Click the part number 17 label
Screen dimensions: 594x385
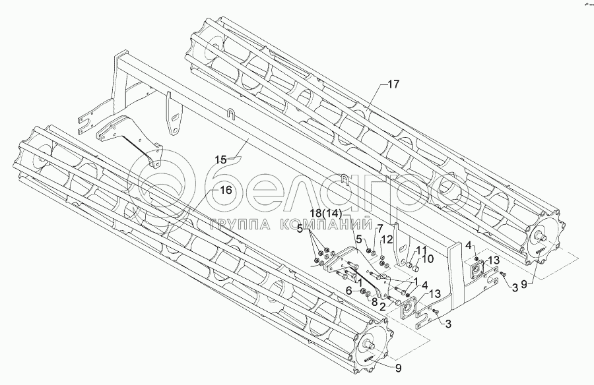[x=393, y=84]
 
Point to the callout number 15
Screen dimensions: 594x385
[x=220, y=159]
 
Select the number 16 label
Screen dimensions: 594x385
[x=226, y=190]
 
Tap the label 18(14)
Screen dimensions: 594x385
[x=325, y=213]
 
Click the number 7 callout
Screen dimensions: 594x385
[x=379, y=227]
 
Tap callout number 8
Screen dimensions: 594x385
[x=376, y=303]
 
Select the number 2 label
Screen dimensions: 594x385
[x=382, y=307]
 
